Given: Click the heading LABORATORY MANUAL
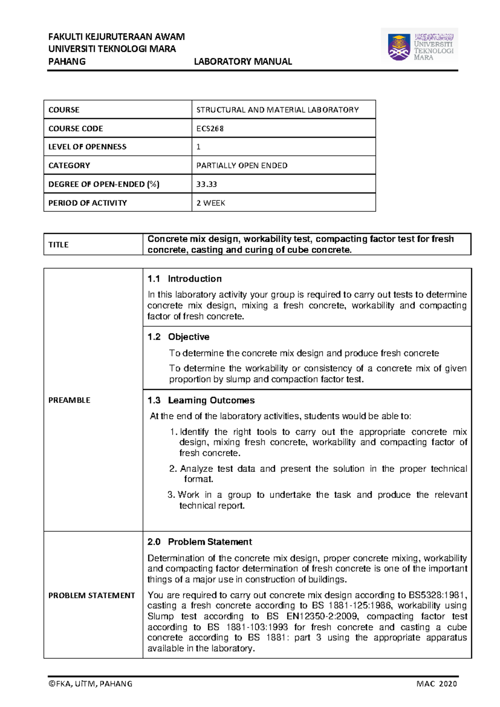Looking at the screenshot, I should [x=243, y=62].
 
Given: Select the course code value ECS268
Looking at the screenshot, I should [x=210, y=128].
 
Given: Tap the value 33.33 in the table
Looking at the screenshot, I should [x=207, y=184].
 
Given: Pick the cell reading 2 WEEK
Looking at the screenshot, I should [x=211, y=203].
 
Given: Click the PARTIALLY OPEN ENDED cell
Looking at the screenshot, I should [x=242, y=165].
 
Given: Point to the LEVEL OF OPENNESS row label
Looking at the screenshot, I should [x=87, y=147].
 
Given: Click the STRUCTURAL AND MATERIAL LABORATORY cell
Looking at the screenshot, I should [x=277, y=110].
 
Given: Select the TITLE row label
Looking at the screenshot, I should [x=58, y=245].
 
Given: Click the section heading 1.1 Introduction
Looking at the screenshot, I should [x=184, y=279].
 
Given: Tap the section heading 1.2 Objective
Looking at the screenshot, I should [x=178, y=337].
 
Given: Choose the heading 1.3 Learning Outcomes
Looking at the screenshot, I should [x=201, y=400].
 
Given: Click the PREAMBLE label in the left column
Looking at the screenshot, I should [x=69, y=400].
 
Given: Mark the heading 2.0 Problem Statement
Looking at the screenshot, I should [x=200, y=542].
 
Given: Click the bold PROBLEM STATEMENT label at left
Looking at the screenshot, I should [x=92, y=595].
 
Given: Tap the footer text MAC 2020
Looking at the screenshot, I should [x=437, y=684].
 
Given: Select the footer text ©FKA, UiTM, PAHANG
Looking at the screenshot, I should [x=90, y=684].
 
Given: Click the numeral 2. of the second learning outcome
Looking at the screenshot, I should [x=173, y=469].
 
